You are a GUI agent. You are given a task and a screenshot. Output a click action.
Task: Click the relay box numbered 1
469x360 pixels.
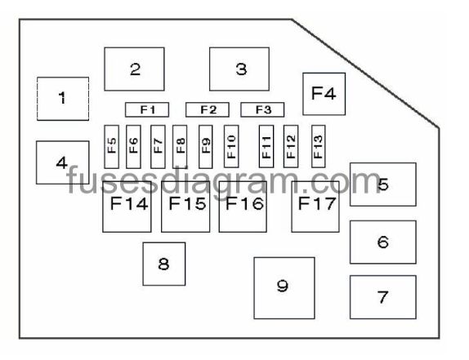[63, 99]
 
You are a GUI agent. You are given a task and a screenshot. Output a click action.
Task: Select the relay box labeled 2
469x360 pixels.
[134, 69]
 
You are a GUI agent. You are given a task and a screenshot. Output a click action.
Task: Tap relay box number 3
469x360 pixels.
[239, 69]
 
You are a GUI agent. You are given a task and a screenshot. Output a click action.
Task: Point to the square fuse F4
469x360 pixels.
[324, 94]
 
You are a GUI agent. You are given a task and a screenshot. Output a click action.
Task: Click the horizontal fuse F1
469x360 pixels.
[147, 109]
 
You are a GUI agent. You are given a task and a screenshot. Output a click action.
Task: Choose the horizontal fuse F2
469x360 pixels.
[208, 109]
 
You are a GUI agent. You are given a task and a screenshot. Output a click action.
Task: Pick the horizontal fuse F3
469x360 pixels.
[262, 109]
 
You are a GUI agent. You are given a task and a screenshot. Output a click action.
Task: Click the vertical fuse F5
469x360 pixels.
[112, 146]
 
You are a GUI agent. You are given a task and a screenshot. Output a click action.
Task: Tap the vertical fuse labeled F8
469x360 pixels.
[180, 146]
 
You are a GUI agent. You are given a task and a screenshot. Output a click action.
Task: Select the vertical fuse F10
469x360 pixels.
[231, 146]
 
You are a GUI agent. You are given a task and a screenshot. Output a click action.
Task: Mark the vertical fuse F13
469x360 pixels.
[319, 146]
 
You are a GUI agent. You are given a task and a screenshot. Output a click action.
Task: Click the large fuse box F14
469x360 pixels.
[127, 207]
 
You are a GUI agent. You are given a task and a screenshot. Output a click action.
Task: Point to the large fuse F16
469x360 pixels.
[243, 207]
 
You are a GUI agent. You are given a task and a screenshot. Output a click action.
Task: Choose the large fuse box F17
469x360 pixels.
[315, 207]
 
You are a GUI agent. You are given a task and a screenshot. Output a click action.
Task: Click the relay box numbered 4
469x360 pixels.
[63, 162]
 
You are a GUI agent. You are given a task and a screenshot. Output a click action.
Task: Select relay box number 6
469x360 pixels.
[383, 242]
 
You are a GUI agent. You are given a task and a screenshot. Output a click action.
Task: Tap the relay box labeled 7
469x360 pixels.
[383, 297]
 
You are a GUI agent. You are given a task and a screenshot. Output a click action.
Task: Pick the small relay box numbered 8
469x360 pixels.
[164, 264]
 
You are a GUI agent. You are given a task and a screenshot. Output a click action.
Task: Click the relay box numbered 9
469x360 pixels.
[284, 288]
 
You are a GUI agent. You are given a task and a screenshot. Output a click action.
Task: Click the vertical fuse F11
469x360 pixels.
[266, 146]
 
